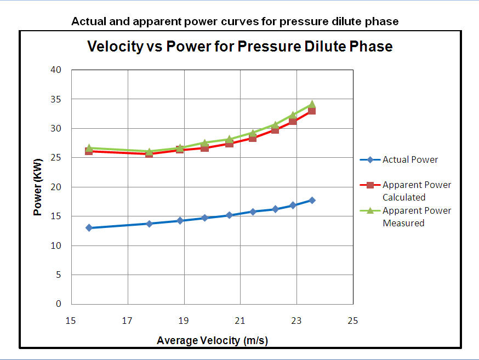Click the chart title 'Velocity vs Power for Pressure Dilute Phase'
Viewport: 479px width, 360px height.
[x=240, y=47]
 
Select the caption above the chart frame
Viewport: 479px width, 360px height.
[x=235, y=22]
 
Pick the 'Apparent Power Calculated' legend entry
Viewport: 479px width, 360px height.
[x=417, y=191]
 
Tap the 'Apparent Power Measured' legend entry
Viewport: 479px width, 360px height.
[x=417, y=216]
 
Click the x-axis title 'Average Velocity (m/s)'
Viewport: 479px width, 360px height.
[x=212, y=340]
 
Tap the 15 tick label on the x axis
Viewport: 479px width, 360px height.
[x=70, y=321]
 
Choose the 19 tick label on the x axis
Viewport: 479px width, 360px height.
[x=184, y=321]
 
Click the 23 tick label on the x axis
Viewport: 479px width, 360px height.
[x=296, y=321]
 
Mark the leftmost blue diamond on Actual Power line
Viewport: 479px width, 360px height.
[x=89, y=227]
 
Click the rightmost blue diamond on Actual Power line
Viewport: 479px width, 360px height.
[x=312, y=200]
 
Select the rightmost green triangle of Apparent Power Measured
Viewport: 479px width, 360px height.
[x=312, y=104]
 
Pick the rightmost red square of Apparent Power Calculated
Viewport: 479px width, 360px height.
[x=312, y=111]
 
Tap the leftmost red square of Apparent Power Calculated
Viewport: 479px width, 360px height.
[x=89, y=151]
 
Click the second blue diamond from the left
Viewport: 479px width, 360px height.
[x=149, y=224]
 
